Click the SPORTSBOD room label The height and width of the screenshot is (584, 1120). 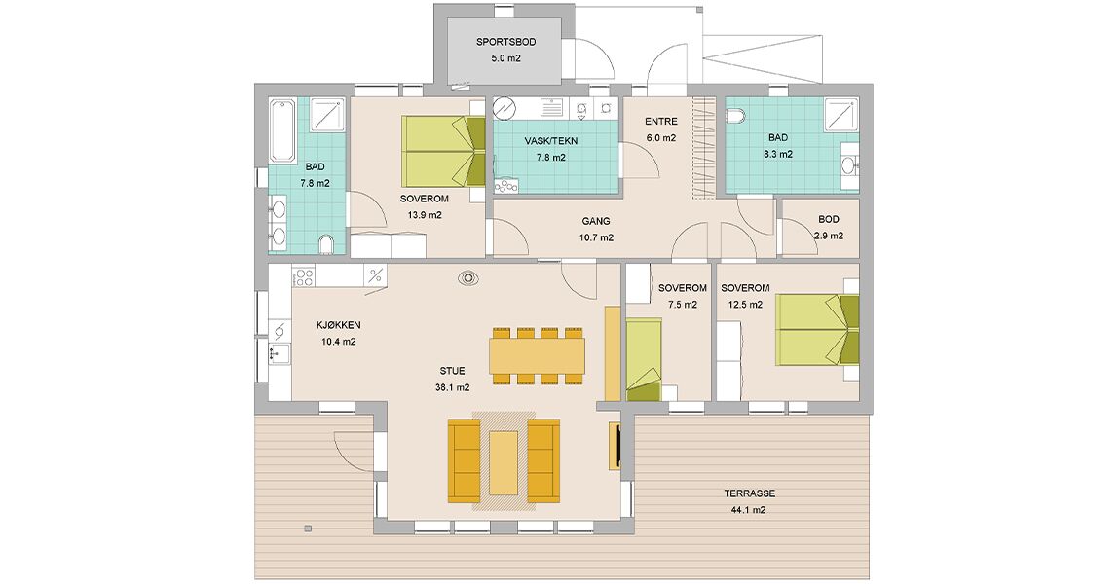pos(505,42)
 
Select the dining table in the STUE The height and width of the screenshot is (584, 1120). pos(538,355)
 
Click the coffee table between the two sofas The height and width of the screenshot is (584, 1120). pos(504,462)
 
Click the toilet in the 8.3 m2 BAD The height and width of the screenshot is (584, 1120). pos(735,115)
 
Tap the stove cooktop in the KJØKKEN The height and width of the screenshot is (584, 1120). pos(304,276)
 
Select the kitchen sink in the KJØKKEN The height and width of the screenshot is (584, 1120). pos(280,353)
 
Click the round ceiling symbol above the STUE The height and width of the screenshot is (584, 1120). pos(468,277)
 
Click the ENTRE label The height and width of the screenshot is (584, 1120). pos(660,122)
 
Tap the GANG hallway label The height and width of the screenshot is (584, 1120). pos(596,221)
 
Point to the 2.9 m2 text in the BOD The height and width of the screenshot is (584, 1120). pos(829,236)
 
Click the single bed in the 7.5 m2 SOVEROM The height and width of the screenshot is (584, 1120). pos(645,360)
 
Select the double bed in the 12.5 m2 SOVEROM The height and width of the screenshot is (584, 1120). pos(817,330)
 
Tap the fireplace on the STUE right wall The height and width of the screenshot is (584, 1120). pos(615,446)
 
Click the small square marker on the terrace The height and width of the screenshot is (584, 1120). pos(308,529)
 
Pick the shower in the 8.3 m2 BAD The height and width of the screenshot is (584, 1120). pos(840,115)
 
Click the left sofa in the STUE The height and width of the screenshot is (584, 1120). pos(463,461)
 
